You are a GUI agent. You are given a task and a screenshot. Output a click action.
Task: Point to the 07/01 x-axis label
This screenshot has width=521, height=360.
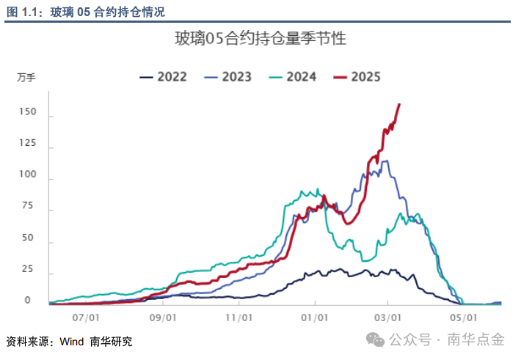tap(87, 317)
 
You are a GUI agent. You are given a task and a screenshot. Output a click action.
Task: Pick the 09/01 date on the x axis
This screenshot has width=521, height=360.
tap(162, 317)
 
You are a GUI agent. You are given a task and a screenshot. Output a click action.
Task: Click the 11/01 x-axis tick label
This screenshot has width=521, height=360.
tap(238, 317)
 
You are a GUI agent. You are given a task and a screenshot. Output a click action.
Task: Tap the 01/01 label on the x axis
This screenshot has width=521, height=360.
tap(314, 317)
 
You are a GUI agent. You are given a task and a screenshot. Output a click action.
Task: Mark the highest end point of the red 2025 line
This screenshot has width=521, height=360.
tap(399, 104)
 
